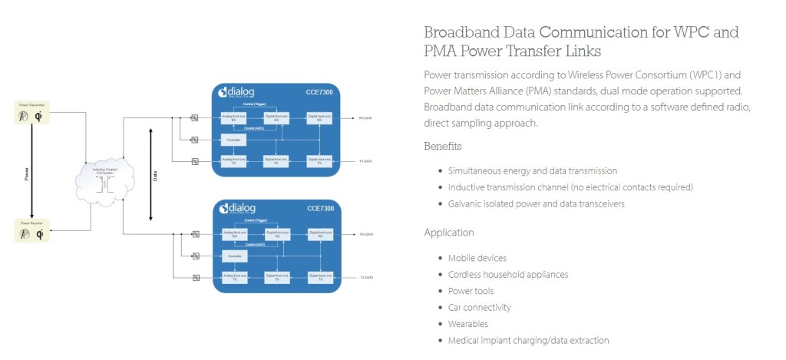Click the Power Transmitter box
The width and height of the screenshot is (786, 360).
click(32, 112)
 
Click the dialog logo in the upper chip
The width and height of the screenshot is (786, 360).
click(234, 92)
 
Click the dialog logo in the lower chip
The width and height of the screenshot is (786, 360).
click(234, 208)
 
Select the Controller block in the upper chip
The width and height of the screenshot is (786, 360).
click(233, 140)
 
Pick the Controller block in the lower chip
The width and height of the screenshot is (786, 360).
click(233, 256)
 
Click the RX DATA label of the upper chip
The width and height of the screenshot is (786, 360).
click(365, 118)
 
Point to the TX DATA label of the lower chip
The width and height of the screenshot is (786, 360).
click(365, 276)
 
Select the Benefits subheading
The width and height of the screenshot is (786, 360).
click(443, 146)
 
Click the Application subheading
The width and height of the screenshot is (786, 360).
click(449, 233)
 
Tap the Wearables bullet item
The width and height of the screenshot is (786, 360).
click(468, 324)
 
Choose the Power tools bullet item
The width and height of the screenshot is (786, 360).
click(471, 291)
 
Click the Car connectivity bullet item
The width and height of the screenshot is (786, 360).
click(479, 307)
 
